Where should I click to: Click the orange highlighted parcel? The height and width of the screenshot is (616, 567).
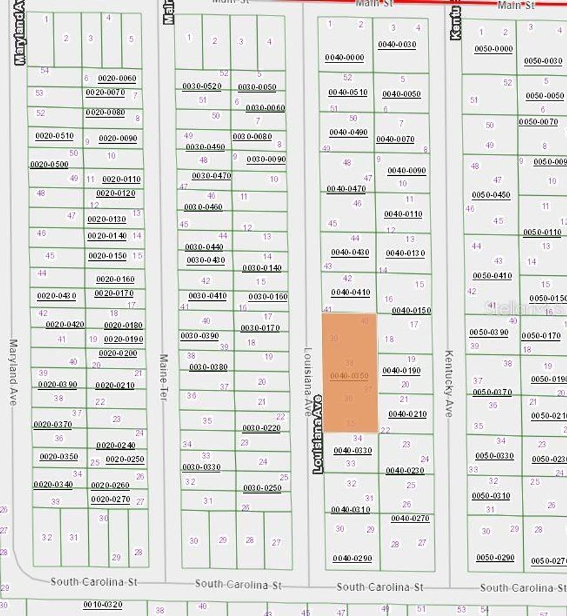[350, 372]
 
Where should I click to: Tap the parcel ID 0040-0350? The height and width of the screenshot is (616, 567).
[349, 376]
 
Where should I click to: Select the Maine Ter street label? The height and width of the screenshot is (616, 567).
[164, 378]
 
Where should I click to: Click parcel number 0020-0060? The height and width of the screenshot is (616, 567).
[117, 79]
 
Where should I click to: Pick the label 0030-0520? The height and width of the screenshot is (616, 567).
[202, 86]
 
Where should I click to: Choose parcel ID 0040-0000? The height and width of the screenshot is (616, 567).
[344, 58]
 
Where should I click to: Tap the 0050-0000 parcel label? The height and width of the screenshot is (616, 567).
[494, 49]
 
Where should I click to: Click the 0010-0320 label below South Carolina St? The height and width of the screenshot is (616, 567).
[102, 604]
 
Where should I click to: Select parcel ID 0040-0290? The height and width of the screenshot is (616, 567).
[352, 559]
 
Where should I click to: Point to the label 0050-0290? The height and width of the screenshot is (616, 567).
[495, 557]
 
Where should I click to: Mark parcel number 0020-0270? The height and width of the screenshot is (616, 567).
[110, 499]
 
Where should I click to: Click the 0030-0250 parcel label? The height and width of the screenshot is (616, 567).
[262, 488]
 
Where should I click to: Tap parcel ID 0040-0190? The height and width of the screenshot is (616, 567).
[401, 371]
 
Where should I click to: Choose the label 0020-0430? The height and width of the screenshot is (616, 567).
[57, 296]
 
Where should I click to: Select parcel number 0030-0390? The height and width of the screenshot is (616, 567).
[200, 336]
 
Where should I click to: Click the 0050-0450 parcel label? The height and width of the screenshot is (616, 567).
[491, 195]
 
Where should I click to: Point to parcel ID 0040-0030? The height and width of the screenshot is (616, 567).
[397, 44]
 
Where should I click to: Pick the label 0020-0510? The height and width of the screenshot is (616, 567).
[54, 136]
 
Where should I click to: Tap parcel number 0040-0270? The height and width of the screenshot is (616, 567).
[410, 519]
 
